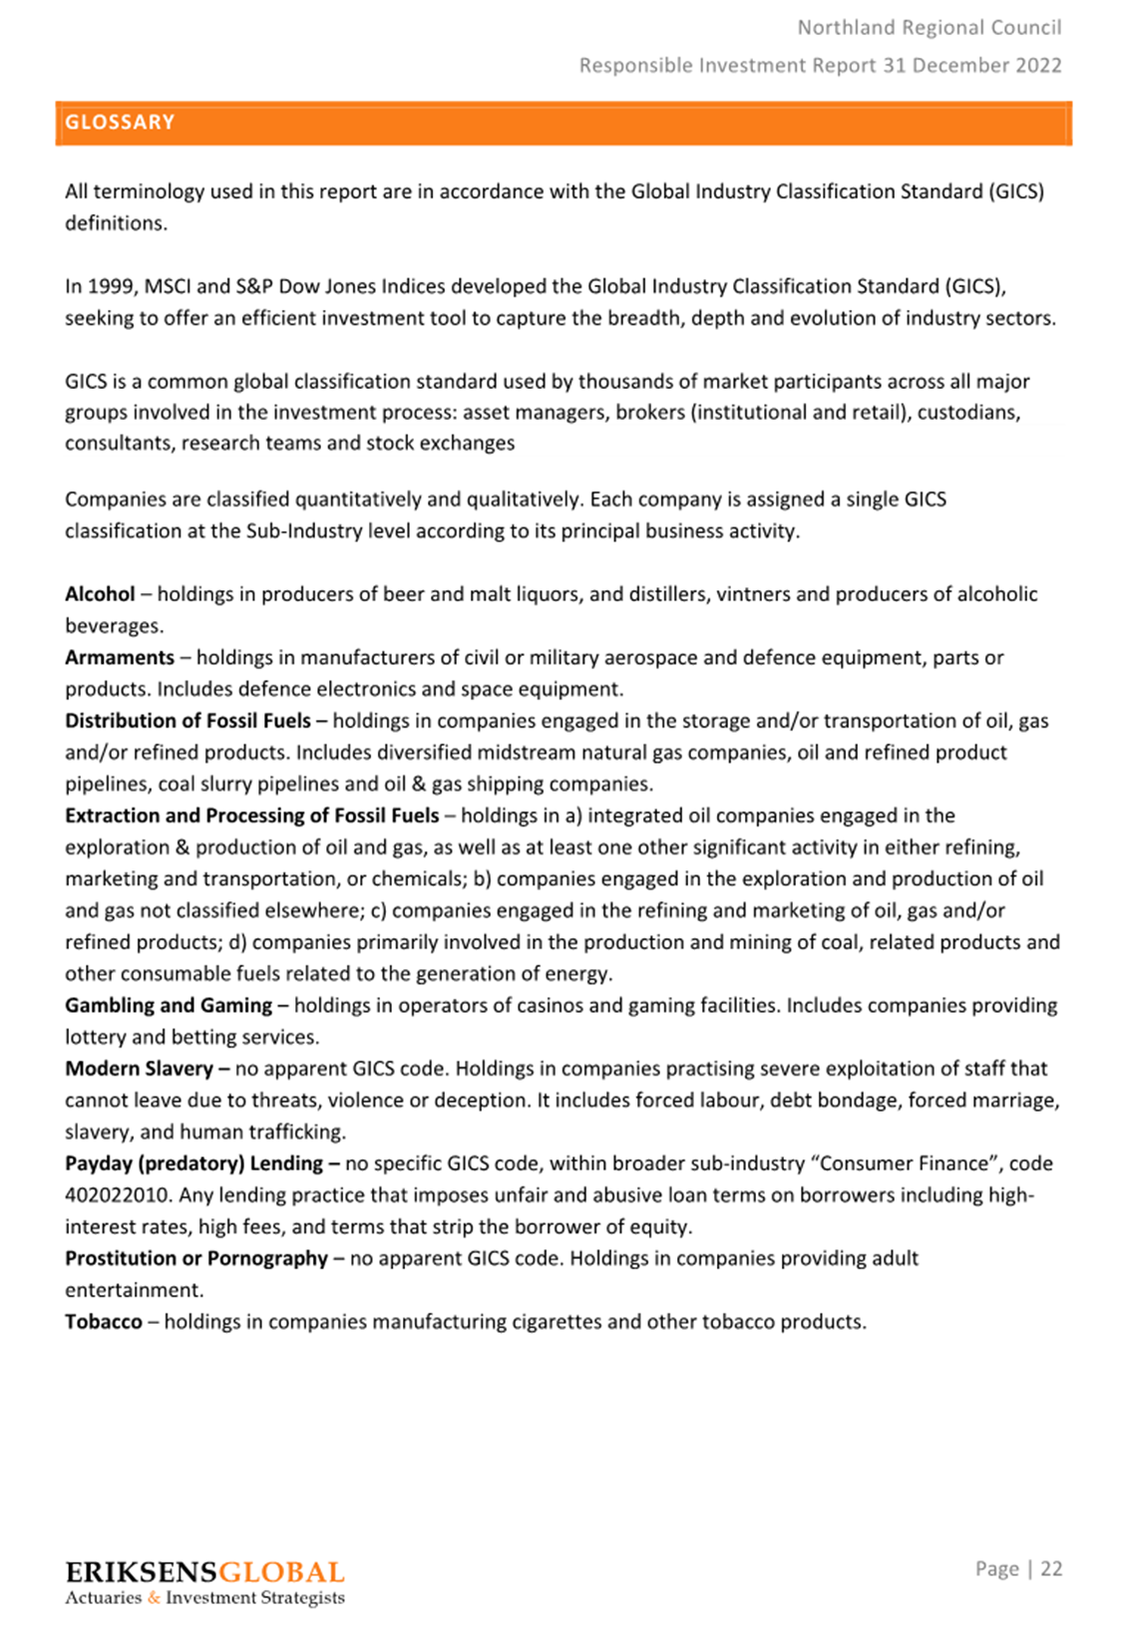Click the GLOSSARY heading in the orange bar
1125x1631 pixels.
[120, 123]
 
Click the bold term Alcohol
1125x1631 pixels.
[100, 594]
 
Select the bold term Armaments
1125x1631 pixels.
[120, 658]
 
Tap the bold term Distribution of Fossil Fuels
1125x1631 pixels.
[187, 721]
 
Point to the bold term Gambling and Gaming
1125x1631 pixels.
[169, 1005]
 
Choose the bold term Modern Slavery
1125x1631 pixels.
[139, 1069]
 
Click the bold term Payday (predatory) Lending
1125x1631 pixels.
[194, 1163]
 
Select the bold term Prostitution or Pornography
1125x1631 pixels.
[196, 1258]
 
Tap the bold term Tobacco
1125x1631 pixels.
[104, 1322]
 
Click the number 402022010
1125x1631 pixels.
[117, 1195]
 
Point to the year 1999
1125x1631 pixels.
[111, 287]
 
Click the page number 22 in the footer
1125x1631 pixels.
[1051, 1569]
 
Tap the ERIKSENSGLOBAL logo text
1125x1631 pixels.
[204, 1573]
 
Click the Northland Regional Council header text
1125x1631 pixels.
[930, 28]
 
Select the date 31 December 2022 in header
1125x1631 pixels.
[972, 66]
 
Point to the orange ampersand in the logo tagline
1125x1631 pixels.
[154, 1598]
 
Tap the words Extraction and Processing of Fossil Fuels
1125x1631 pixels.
[252, 815]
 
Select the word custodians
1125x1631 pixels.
[968, 413]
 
